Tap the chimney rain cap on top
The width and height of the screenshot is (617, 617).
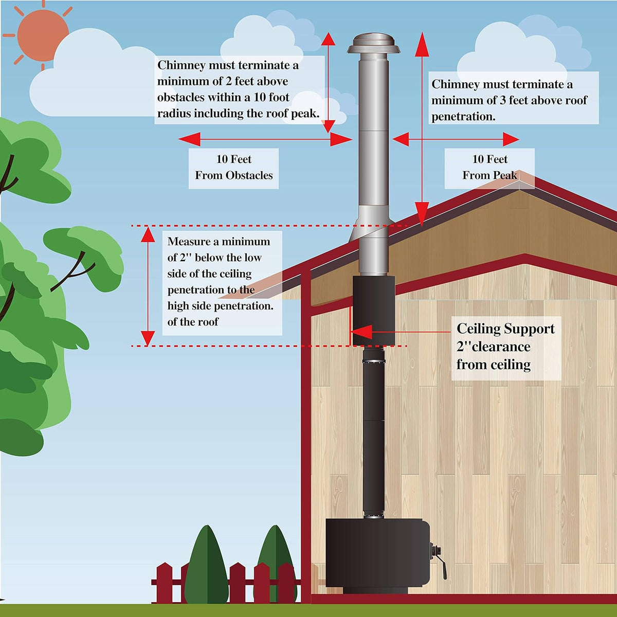[x=374, y=44]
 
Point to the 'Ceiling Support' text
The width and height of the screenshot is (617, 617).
[x=505, y=329]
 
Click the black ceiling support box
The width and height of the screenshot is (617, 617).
[x=374, y=310]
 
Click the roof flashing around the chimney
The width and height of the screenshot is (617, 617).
[x=371, y=224]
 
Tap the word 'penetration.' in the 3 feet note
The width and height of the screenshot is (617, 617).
[x=463, y=117]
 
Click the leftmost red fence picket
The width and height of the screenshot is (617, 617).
[x=164, y=583]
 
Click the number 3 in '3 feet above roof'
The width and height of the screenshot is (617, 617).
[x=502, y=101]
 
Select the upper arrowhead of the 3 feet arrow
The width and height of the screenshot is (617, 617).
[x=422, y=44]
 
